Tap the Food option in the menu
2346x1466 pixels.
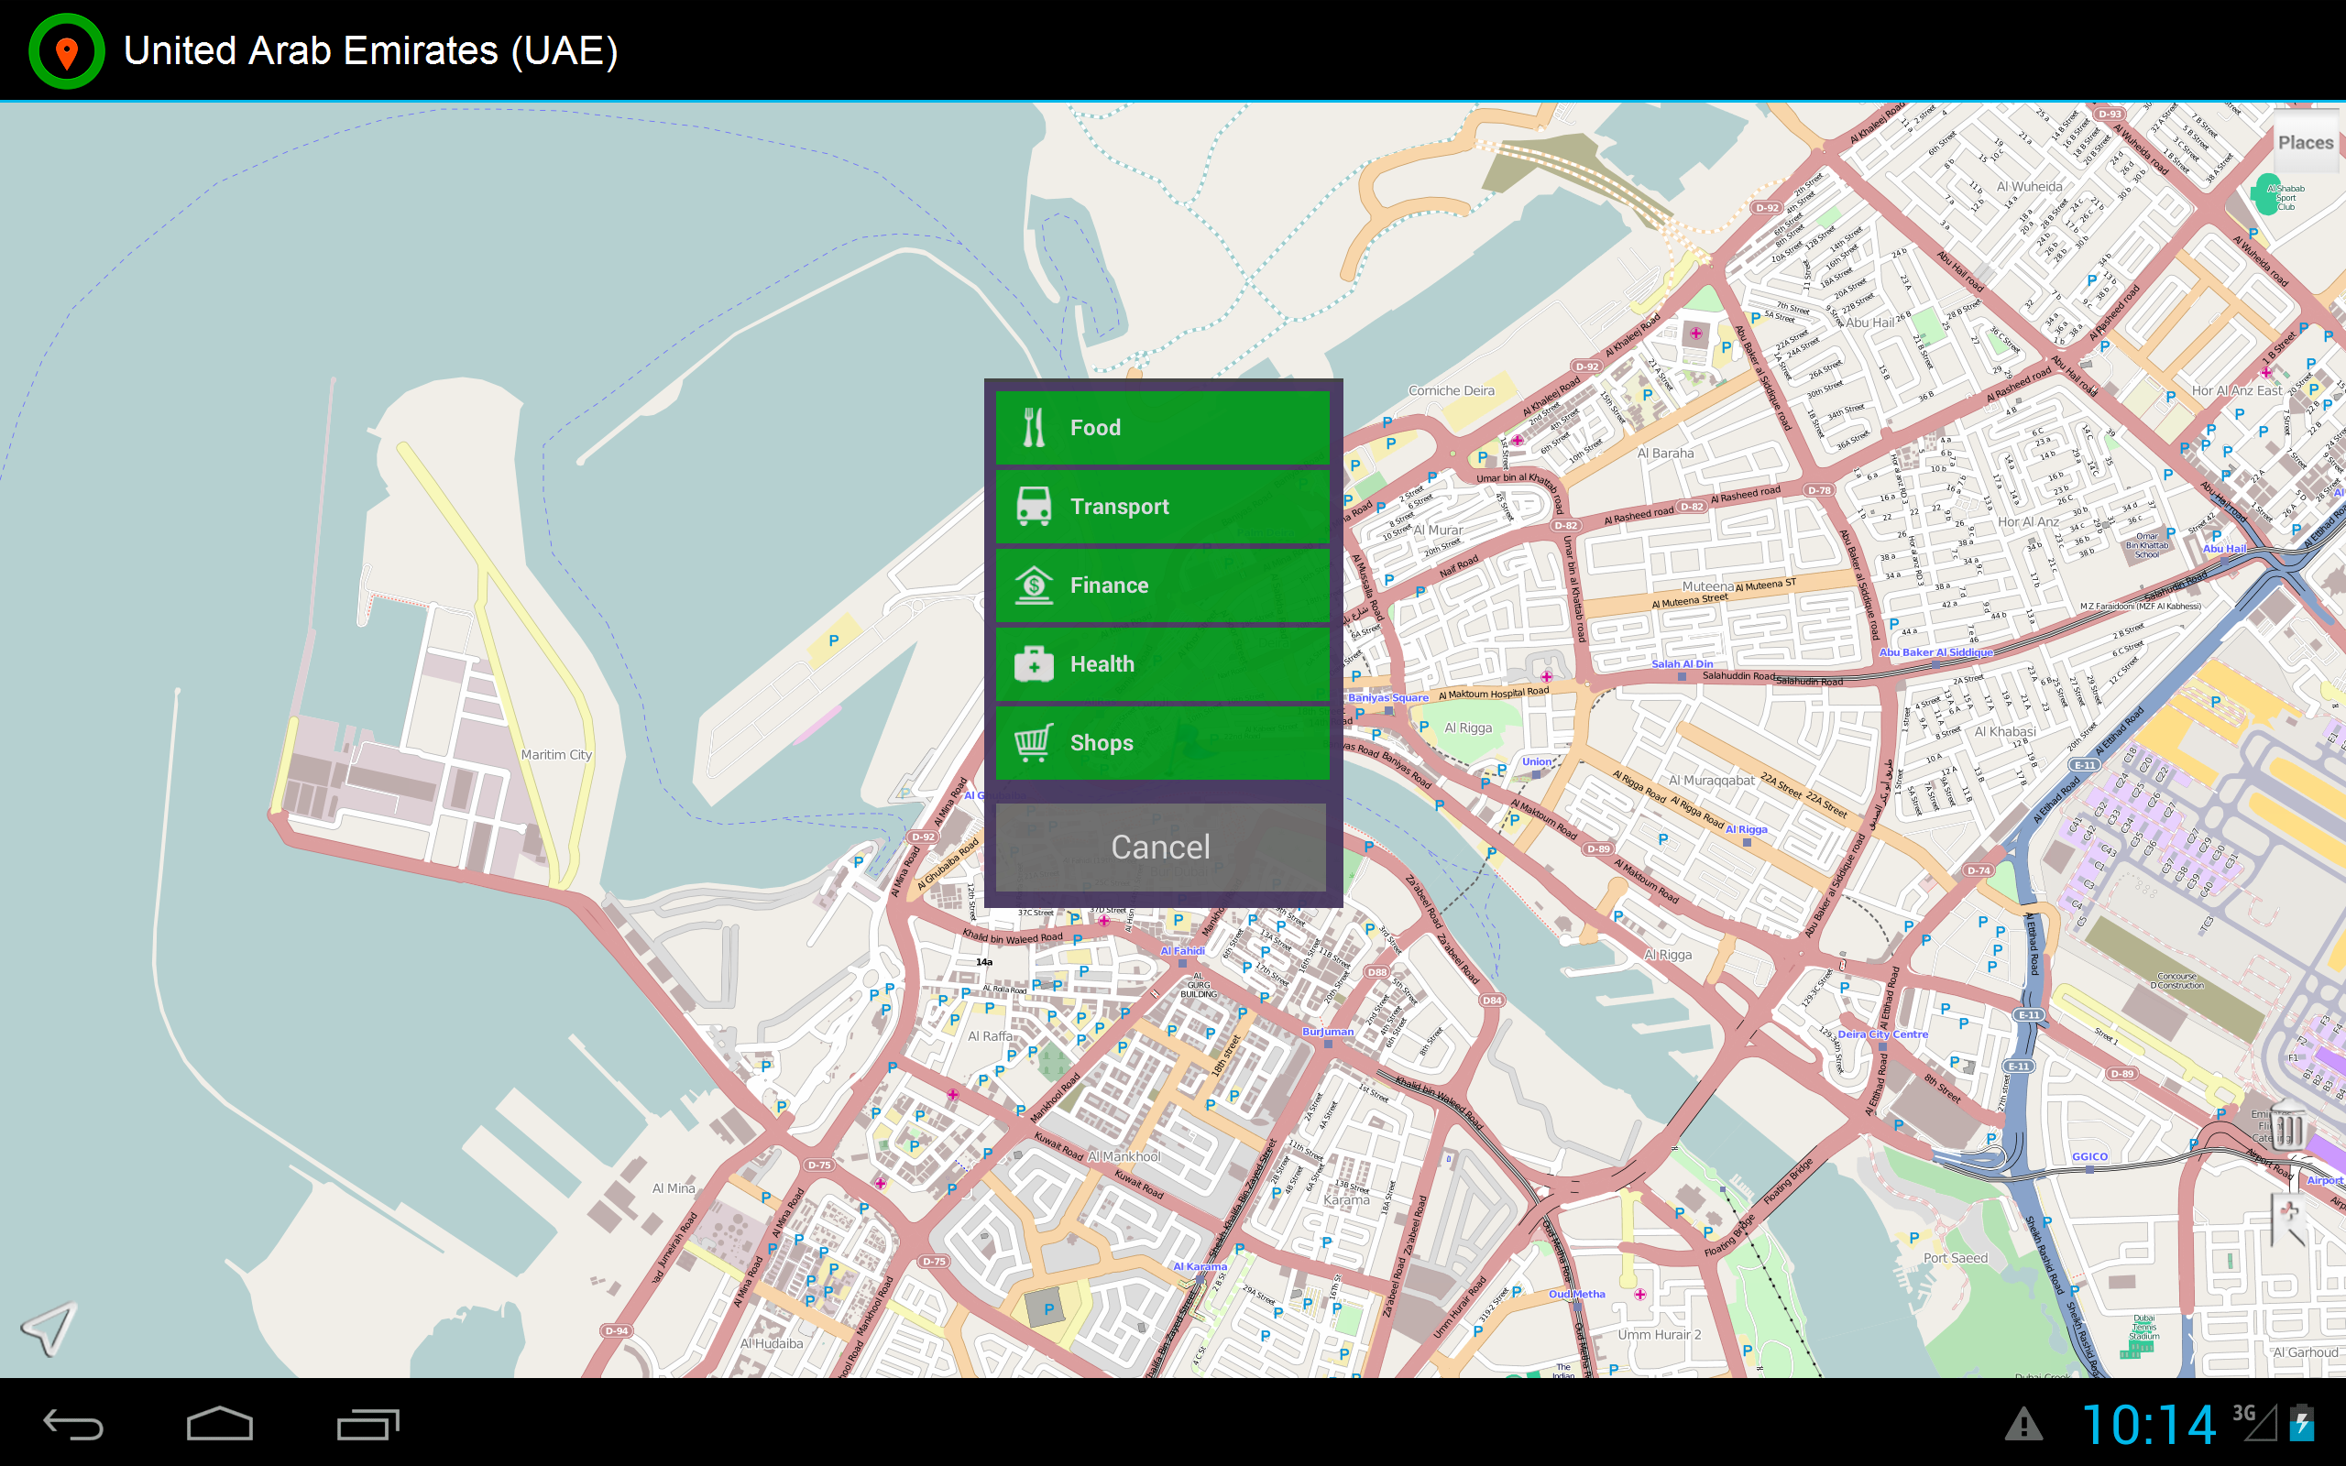[x=1161, y=428]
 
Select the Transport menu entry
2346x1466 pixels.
[x=1161, y=506]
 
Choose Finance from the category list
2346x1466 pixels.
[x=1161, y=585]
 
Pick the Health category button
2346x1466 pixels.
[x=1161, y=664]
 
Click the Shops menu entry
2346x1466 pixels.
[x=1161, y=743]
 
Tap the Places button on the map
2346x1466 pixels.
[x=2305, y=143]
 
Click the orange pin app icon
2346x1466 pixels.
[x=67, y=51]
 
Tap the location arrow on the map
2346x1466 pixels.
[x=49, y=1329]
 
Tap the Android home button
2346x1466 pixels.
[x=219, y=1423]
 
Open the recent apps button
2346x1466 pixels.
[x=367, y=1423]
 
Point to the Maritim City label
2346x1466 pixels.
[x=555, y=754]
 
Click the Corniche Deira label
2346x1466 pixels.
[x=1451, y=390]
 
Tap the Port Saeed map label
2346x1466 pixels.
[x=1955, y=1257]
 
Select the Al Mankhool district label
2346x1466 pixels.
[x=1124, y=1156]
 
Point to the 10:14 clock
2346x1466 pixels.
[x=2147, y=1424]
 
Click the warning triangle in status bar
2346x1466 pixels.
[x=2023, y=1424]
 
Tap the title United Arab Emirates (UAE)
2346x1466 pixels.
[x=370, y=51]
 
